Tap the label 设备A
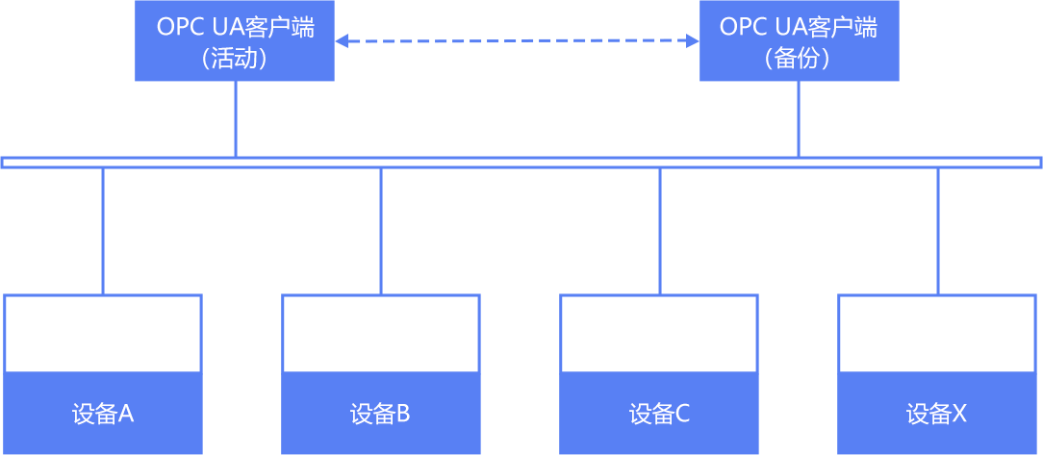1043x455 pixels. [x=103, y=414]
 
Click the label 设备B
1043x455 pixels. [x=380, y=414]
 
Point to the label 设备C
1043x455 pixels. [x=659, y=414]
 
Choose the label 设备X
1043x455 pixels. [x=936, y=414]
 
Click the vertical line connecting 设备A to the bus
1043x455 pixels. [x=103, y=231]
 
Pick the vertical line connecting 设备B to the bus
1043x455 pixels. [x=381, y=231]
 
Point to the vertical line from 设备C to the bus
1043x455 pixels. [x=659, y=231]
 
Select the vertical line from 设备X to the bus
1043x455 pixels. [x=937, y=231]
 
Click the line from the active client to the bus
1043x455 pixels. [x=236, y=118]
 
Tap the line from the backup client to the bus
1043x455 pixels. [x=799, y=118]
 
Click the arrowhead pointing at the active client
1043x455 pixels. [x=341, y=41]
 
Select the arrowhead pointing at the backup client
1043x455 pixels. [x=693, y=41]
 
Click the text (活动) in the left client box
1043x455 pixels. [x=235, y=59]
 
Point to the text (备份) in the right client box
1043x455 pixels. [x=799, y=59]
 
